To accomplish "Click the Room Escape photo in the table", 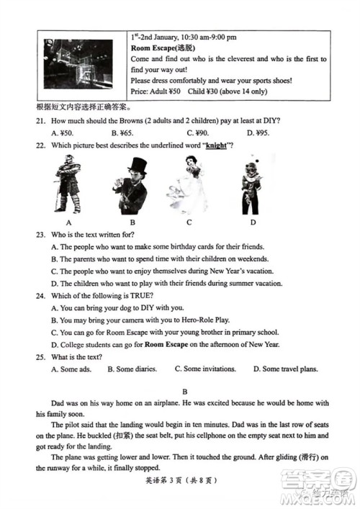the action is click(x=78, y=64).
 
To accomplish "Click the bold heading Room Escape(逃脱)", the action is click(x=163, y=48).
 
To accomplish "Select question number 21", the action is click(x=40, y=121).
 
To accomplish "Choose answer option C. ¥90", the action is click(x=198, y=132).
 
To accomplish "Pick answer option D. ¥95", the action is click(x=258, y=132).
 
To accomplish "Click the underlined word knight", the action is click(x=216, y=145).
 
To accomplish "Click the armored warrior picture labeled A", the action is click(x=68, y=184).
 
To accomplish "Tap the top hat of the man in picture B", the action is click(x=138, y=165).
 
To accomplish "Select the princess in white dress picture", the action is click(x=188, y=184).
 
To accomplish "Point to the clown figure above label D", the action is click(x=251, y=185).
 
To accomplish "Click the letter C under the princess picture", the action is click(x=189, y=222).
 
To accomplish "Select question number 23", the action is click(x=40, y=235).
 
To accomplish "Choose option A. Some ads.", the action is click(x=71, y=369).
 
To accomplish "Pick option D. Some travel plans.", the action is click(x=286, y=369).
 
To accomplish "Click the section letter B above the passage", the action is click(x=185, y=392).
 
